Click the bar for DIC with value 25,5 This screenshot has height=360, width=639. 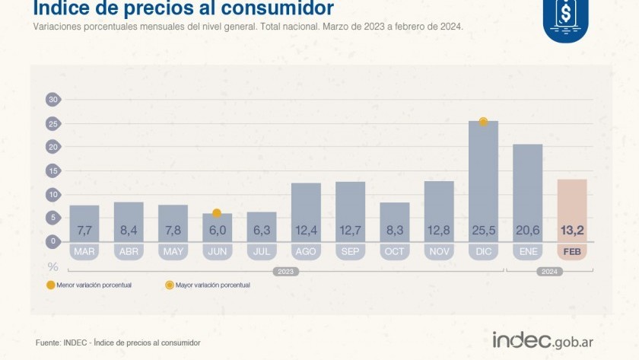coord(483,183)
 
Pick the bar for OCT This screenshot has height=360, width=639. coord(395,221)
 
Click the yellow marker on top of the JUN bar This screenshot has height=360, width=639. coord(217,213)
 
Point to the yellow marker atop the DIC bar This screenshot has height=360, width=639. coord(483,121)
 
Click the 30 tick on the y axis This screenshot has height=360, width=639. coord(53,99)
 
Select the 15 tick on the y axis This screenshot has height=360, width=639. coord(53,170)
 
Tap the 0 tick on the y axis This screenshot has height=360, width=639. coord(53,241)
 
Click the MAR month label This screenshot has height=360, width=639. coord(84,252)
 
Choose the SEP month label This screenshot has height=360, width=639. coord(350,252)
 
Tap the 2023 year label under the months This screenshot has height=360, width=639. coord(286,271)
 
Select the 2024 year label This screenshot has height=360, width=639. coord(549,271)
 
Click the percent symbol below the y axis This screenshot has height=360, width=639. coord(53,266)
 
